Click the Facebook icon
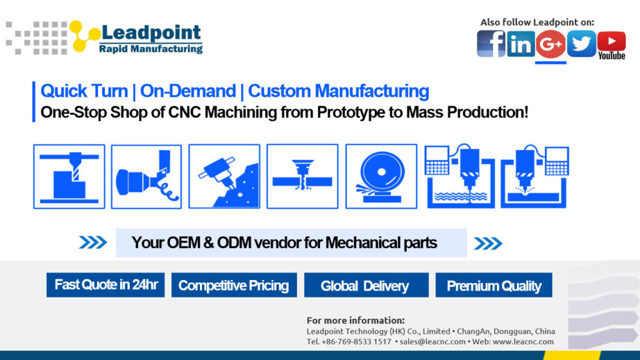pyautogui.click(x=491, y=44)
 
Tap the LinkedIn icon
pyautogui.click(x=521, y=44)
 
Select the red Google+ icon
pyautogui.click(x=551, y=44)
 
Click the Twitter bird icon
pyautogui.click(x=581, y=44)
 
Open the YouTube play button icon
pyautogui.click(x=611, y=41)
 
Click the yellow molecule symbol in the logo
pyautogui.click(x=84, y=36)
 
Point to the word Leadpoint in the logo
pyautogui.click(x=151, y=32)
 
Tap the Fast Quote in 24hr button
pyautogui.click(x=105, y=285)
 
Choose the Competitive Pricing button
pyautogui.click(x=234, y=285)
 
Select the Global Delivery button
pyautogui.click(x=366, y=285)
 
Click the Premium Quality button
pyautogui.click(x=494, y=285)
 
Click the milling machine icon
pyautogui.click(x=69, y=176)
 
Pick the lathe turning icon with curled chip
pyautogui.click(x=146, y=176)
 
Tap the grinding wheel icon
pyautogui.click(x=381, y=176)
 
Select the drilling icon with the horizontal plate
pyautogui.click(x=302, y=176)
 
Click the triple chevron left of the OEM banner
pyautogui.click(x=93, y=242)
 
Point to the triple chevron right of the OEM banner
pyautogui.click(x=488, y=244)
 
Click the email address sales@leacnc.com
pyautogui.click(x=432, y=342)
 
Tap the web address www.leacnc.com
pyautogui.click(x=523, y=342)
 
